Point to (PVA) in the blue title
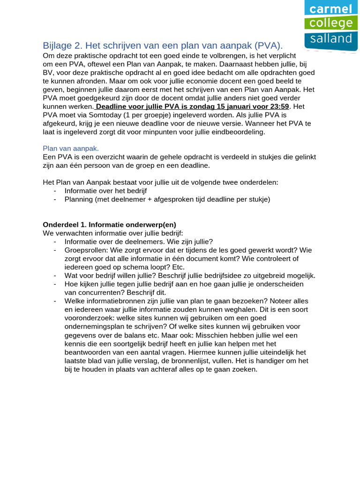click(268, 45)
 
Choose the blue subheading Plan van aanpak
click(71, 149)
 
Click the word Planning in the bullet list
click(79, 199)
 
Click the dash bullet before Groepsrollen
click(56, 250)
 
